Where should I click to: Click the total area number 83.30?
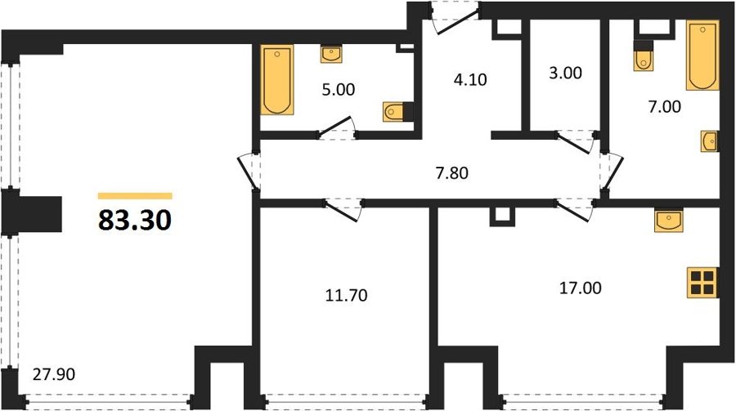(x=135, y=221)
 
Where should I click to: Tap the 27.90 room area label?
(x=54, y=374)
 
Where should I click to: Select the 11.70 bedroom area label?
(x=347, y=295)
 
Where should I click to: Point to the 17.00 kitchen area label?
(x=580, y=288)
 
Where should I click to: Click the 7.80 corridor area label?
(x=452, y=173)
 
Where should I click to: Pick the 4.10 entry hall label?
(x=470, y=80)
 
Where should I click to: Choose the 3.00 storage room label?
(x=565, y=73)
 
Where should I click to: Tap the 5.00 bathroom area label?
(x=339, y=89)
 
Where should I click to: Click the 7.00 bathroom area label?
(x=664, y=106)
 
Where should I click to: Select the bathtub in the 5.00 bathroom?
(x=277, y=80)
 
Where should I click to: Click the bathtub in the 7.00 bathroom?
(x=702, y=55)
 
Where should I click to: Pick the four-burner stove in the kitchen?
(x=702, y=283)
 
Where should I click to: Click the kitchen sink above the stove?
(x=668, y=221)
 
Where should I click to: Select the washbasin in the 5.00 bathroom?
(x=331, y=55)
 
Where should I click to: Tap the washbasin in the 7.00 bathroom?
(x=709, y=141)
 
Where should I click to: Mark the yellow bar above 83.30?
(x=135, y=196)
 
